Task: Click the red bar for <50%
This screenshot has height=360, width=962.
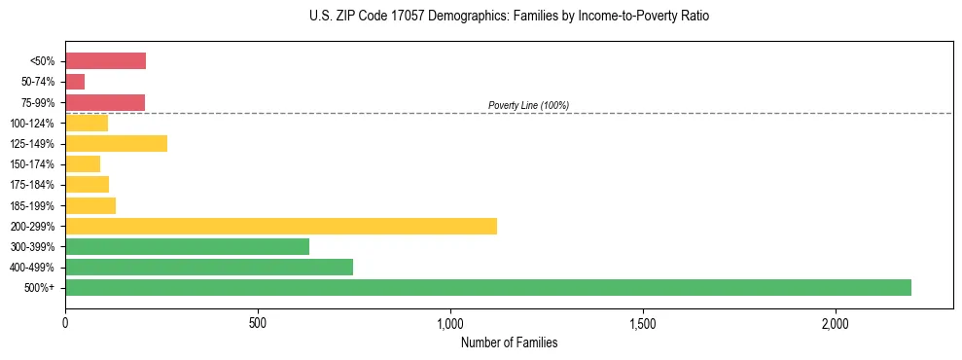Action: pyautogui.click(x=105, y=61)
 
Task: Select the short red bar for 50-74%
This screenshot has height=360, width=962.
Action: pyautogui.click(x=75, y=82)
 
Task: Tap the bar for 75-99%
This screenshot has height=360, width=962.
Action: pyautogui.click(x=105, y=102)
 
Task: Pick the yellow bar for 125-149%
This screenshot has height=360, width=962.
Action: pyautogui.click(x=116, y=144)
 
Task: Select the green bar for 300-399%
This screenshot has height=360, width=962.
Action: pyautogui.click(x=187, y=246)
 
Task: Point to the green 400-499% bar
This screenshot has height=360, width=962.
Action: pyautogui.click(x=209, y=267)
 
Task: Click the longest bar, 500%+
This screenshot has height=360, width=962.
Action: pyautogui.click(x=488, y=287)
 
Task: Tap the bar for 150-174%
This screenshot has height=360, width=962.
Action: pyautogui.click(x=83, y=164)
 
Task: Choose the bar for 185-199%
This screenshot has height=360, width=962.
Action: pyautogui.click(x=90, y=205)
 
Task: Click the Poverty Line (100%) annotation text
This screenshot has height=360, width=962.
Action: pyautogui.click(x=528, y=105)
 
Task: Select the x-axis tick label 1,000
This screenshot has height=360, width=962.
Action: pyautogui.click(x=450, y=323)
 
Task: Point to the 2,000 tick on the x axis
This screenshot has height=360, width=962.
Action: pyautogui.click(x=836, y=323)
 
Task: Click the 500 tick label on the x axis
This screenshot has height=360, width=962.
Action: pyautogui.click(x=258, y=323)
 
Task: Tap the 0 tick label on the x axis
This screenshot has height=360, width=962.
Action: pyautogui.click(x=65, y=323)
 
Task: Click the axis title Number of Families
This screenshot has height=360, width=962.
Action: pyautogui.click(x=509, y=342)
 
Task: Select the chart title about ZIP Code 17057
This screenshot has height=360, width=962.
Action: pyautogui.click(x=509, y=17)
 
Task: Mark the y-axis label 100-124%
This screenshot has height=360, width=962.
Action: pyautogui.click(x=32, y=124)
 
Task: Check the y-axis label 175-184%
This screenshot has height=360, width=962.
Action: pyautogui.click(x=32, y=185)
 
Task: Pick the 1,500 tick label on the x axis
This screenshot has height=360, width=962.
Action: pyautogui.click(x=643, y=323)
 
